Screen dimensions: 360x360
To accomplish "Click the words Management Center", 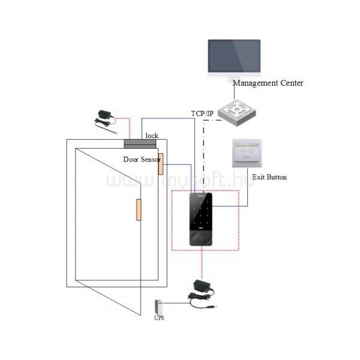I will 268,83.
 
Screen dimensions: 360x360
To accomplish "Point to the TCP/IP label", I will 202,113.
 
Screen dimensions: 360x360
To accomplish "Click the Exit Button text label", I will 269,177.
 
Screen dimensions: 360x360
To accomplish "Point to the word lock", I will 152,136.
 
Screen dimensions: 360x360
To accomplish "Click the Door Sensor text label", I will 141,160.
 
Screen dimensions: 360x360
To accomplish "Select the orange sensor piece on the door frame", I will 161,168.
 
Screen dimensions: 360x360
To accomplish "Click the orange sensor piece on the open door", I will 138,210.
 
